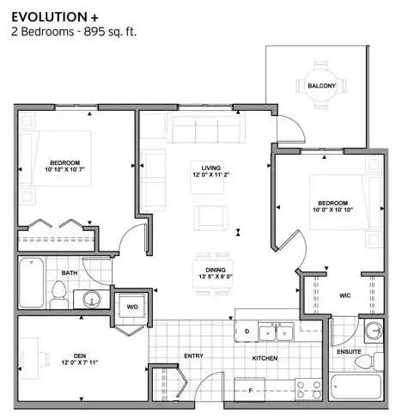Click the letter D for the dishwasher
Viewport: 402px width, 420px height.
pyautogui.click(x=247, y=331)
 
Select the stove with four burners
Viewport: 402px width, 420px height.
pyautogui.click(x=308, y=390)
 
